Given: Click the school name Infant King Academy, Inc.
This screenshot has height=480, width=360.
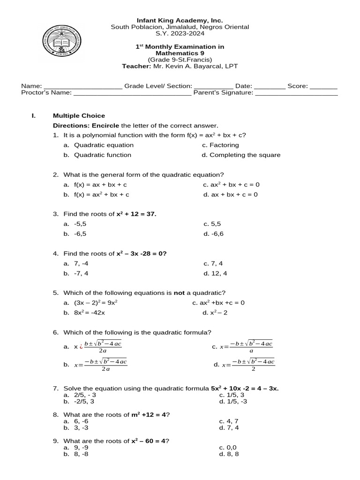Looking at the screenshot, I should pos(180,20).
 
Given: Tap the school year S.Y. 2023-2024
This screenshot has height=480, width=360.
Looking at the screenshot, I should pos(180,34).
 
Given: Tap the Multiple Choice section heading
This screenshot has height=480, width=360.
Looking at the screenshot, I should pos(79,116).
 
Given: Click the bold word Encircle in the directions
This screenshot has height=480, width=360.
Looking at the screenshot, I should pos(105,126).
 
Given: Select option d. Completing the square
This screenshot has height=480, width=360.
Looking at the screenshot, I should pos(241,155).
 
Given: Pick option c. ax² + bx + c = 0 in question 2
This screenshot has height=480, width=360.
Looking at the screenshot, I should pos(231,185).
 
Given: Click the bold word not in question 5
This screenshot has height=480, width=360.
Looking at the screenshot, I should pos(179,293).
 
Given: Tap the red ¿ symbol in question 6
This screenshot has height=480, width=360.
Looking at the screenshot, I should pos(81,347).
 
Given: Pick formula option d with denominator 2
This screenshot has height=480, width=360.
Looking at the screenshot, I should pos(244,364).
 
